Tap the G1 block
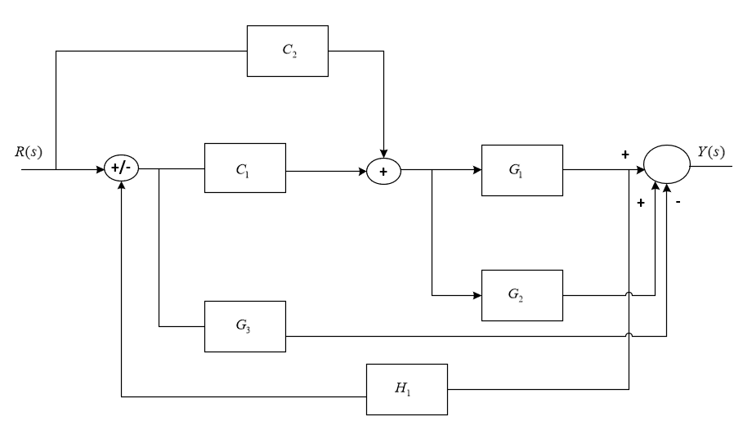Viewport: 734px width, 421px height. click(x=522, y=171)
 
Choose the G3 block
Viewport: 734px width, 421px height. click(x=244, y=325)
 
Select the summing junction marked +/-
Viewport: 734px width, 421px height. click(x=120, y=171)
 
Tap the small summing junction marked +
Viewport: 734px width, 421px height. click(x=383, y=171)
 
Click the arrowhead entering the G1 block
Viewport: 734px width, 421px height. click(x=477, y=171)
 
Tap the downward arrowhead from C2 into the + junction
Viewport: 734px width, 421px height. click(x=383, y=158)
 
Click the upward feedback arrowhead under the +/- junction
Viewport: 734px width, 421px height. click(x=120, y=185)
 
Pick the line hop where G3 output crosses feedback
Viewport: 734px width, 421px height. click(x=628, y=334)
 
